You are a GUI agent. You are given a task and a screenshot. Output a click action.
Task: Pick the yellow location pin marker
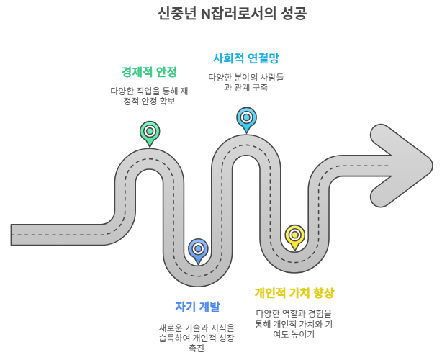coord(294,235)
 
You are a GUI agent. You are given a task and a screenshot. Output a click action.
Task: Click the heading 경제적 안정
coord(149,72)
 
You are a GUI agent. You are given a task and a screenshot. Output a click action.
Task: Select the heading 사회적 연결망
coord(245,58)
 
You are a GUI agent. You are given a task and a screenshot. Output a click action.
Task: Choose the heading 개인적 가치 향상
coord(294,293)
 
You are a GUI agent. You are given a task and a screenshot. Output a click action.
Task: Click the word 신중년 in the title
coord(176,14)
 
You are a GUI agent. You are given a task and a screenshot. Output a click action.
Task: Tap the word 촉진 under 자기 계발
coord(197,348)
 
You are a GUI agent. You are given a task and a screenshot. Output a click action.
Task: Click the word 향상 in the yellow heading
coord(322,293)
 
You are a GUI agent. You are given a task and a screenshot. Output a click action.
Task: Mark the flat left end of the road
coord(13,235)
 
